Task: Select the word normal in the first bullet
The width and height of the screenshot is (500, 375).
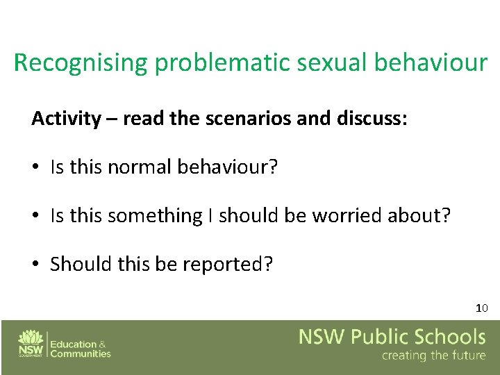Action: click(141, 167)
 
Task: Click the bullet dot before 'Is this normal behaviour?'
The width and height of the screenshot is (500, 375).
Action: click(36, 168)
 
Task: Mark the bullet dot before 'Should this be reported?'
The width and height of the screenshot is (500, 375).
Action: click(36, 265)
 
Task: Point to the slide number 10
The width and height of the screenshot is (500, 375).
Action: click(482, 308)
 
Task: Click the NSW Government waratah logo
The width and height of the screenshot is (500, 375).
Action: click(31, 342)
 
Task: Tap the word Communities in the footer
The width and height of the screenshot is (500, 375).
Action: click(81, 353)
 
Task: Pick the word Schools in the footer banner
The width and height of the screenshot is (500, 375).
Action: click(451, 338)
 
